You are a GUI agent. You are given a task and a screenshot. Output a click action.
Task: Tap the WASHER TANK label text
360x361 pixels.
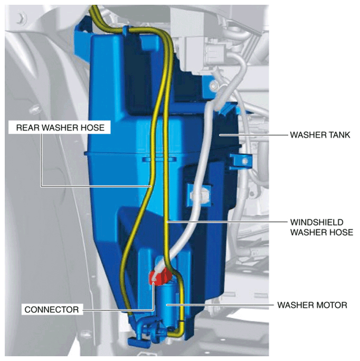(x=320, y=135)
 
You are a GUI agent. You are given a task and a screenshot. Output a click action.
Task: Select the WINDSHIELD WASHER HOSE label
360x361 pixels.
(x=321, y=227)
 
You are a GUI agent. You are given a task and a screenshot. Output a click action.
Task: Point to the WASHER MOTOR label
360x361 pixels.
(x=312, y=305)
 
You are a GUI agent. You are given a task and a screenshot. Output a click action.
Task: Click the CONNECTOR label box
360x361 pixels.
(x=52, y=309)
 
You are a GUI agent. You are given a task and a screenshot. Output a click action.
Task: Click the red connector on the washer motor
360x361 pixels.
(x=160, y=277)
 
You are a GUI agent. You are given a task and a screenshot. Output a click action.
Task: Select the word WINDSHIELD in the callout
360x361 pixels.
(x=317, y=223)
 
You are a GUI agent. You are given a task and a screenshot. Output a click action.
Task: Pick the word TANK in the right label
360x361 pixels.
(x=338, y=135)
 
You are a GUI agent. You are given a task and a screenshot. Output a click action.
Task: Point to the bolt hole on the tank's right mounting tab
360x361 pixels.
(x=244, y=161)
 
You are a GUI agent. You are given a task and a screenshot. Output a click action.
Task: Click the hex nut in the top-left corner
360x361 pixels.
(x=22, y=18)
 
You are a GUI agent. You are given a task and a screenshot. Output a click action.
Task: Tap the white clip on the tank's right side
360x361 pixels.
(x=200, y=196)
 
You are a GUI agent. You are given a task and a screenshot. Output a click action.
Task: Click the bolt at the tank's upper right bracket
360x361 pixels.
(x=214, y=86)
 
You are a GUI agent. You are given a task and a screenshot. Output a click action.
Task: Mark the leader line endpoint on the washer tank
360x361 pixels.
(x=220, y=135)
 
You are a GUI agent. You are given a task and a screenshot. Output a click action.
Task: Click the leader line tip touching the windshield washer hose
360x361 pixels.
(x=167, y=222)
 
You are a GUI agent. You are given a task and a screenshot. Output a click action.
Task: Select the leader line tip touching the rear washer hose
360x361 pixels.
(x=150, y=186)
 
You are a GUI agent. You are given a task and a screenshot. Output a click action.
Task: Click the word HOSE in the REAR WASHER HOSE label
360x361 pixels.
(x=94, y=127)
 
